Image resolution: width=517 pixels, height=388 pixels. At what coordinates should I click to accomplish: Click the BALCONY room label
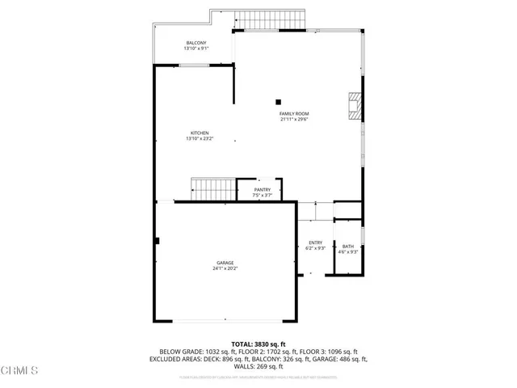coord(195,43)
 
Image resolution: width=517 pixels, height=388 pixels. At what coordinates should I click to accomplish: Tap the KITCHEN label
coord(200,133)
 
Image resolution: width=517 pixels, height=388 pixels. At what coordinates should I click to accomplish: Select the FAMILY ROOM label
coord(295,114)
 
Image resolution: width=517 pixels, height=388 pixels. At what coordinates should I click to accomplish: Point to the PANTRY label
coord(263,190)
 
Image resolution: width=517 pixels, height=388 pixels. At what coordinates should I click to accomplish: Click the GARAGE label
coord(225,263)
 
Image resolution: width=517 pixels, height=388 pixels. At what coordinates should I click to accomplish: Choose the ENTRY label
coord(316,242)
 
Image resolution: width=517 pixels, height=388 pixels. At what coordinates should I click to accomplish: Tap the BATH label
coord(348,247)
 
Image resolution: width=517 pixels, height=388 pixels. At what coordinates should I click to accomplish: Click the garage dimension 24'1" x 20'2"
coord(225,268)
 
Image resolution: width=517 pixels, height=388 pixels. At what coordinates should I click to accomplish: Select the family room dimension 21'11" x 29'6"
coord(295,120)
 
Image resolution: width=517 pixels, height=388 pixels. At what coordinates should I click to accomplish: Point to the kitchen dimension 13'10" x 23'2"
coord(200,138)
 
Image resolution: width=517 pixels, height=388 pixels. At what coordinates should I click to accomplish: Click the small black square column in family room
coord(278,102)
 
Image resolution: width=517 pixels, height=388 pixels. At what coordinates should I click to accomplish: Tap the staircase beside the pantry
coord(212,189)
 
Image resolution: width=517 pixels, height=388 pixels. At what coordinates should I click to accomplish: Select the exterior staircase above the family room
coord(270,19)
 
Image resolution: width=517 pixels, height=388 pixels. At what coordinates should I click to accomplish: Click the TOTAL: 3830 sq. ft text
coord(258,344)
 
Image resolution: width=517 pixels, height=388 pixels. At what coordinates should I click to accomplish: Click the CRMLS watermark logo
coord(19,371)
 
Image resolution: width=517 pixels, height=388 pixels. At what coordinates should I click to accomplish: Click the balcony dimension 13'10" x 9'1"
coord(195,48)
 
